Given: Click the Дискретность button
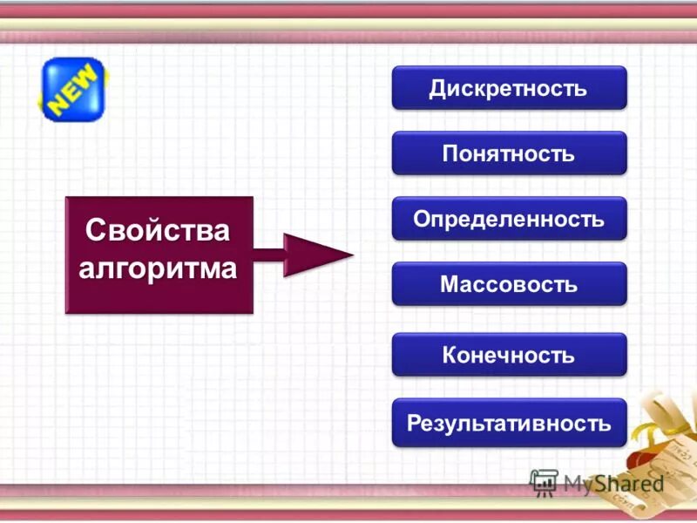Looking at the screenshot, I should [x=509, y=88].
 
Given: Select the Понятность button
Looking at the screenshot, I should [x=509, y=153].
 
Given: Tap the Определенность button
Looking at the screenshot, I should [x=509, y=219].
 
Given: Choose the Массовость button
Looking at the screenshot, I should [x=509, y=284].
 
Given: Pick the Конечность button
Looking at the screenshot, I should [x=509, y=355].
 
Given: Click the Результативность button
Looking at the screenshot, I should [x=509, y=424].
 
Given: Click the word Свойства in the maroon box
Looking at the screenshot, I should [x=159, y=231].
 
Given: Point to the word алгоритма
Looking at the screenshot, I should [x=159, y=267].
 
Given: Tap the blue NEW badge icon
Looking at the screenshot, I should [x=71, y=90].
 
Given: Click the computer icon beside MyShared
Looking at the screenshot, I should [x=544, y=482].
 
